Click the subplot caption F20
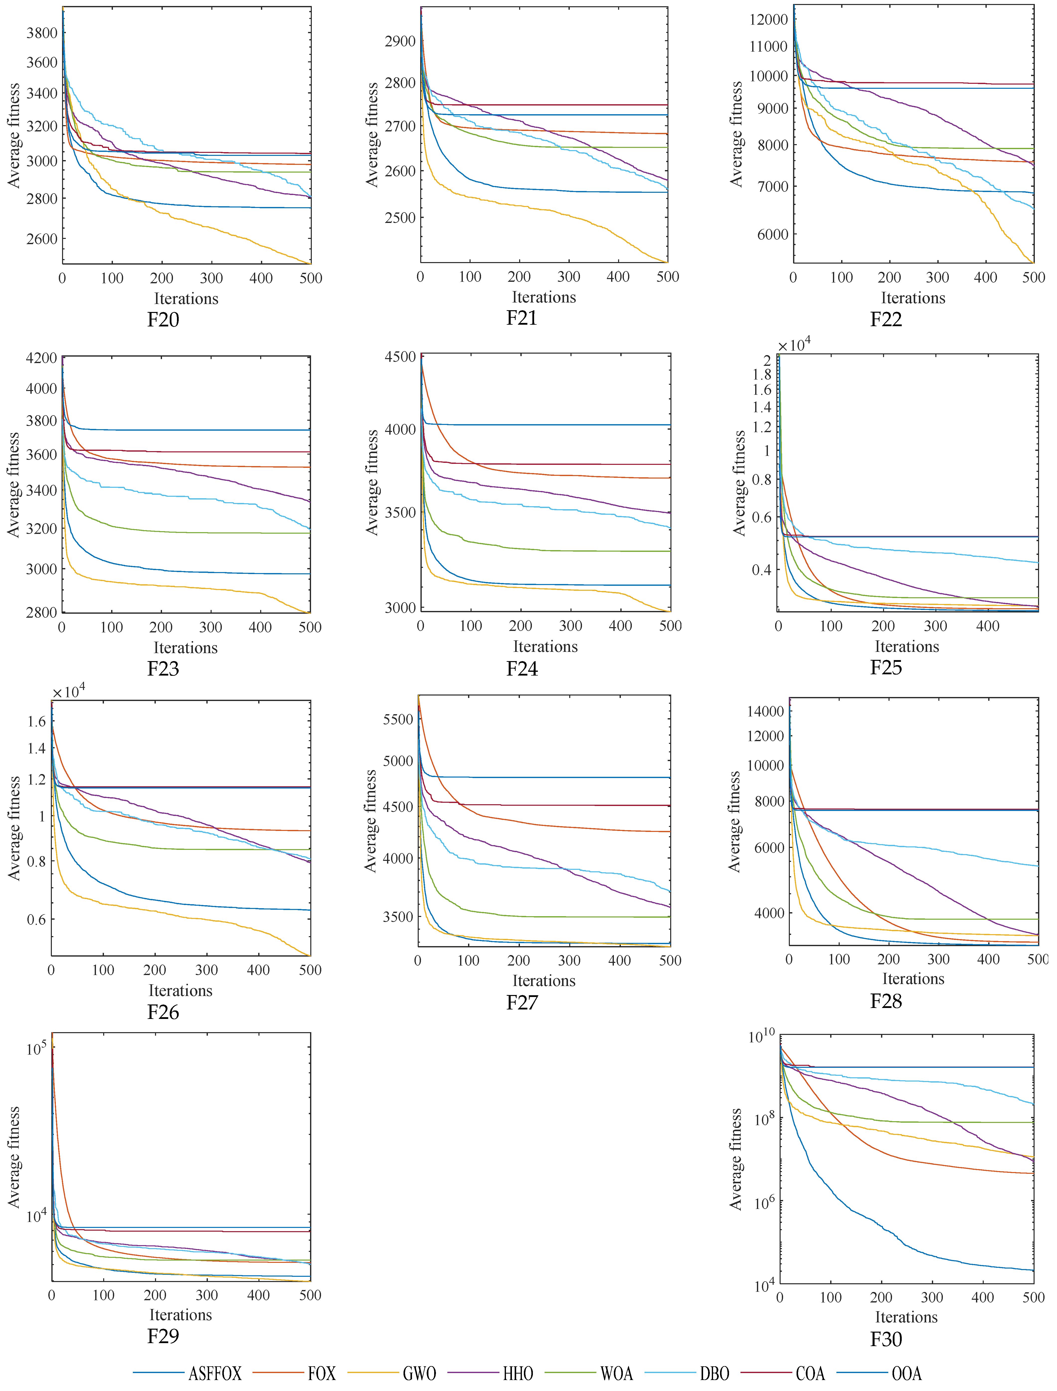click(163, 320)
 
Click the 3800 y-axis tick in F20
click(42, 33)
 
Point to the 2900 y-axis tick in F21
click(400, 42)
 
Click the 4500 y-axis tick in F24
click(400, 357)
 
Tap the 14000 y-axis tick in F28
click(765, 711)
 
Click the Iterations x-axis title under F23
click(186, 648)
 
